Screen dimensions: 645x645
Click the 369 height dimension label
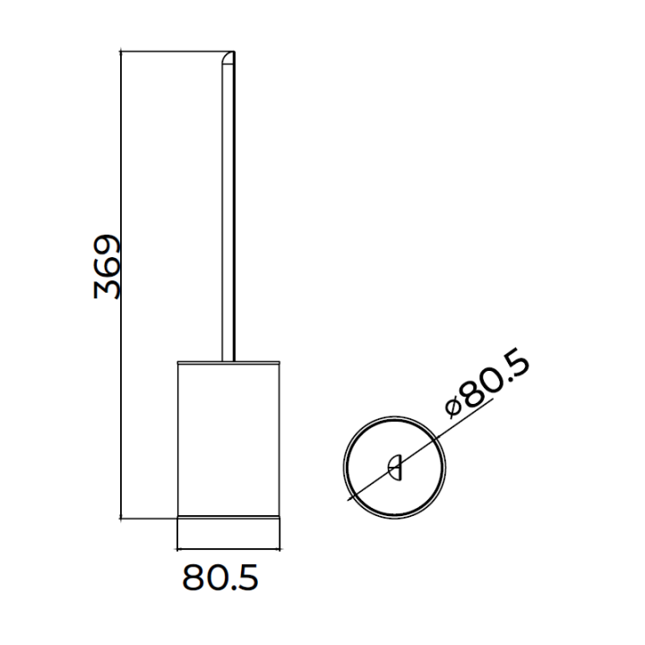[x=107, y=267]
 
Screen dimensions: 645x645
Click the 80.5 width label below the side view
[x=220, y=578]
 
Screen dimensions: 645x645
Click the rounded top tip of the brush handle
[x=228, y=58]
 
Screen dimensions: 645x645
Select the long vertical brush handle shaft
[x=228, y=206]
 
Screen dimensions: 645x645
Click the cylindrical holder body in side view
[x=228, y=439]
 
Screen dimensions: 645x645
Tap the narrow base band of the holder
[x=228, y=532]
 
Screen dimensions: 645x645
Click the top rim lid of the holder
[x=228, y=363]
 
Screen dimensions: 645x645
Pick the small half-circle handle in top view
[x=396, y=468]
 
